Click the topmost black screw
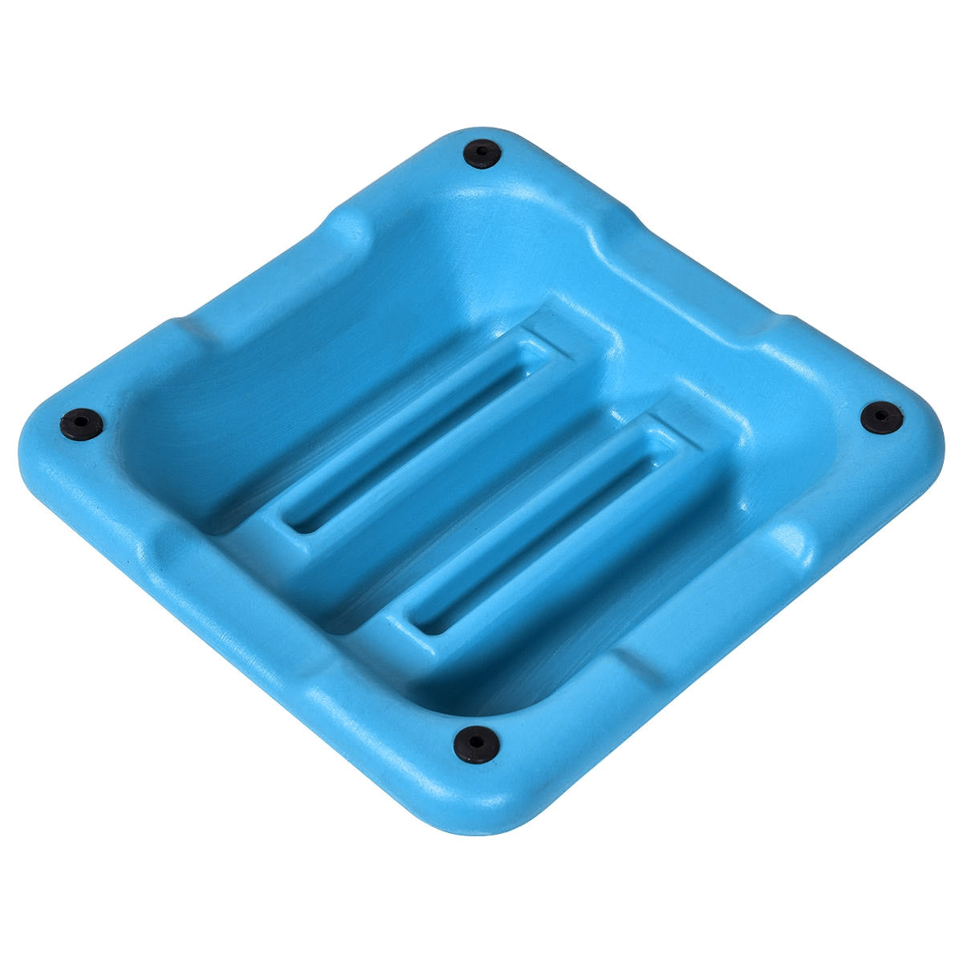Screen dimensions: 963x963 [x=482, y=152]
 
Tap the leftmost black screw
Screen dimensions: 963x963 [x=82, y=422]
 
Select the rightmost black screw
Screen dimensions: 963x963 [x=881, y=418]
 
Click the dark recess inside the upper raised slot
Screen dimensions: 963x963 [x=417, y=437]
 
